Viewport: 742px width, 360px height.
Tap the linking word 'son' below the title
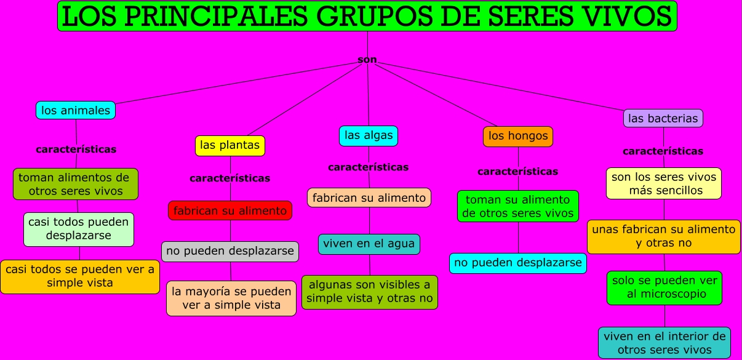tap(367, 60)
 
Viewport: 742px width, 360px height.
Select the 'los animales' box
tap(76, 111)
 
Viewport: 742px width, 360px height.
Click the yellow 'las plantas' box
tap(230, 146)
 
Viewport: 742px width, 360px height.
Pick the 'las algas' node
tap(369, 135)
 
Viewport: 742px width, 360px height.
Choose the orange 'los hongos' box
tap(518, 136)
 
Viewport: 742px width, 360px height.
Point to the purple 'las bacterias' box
tap(663, 118)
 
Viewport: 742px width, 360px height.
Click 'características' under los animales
tap(76, 149)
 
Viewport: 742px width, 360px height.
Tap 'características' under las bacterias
tap(663, 151)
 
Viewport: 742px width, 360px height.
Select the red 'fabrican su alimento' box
tap(230, 210)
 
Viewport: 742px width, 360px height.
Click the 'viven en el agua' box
tap(369, 244)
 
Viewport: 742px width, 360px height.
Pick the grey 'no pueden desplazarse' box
tap(230, 251)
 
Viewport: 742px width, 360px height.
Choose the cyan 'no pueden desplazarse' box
tap(518, 263)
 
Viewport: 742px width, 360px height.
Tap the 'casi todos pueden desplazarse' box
tap(79, 229)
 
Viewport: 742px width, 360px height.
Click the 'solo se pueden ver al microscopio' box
tap(664, 287)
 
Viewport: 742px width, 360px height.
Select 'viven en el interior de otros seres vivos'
tap(664, 343)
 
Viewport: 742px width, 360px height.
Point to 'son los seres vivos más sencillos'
tap(664, 183)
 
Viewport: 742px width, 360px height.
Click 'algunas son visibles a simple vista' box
tap(370, 292)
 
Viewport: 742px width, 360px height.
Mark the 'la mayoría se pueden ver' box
tap(231, 298)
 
